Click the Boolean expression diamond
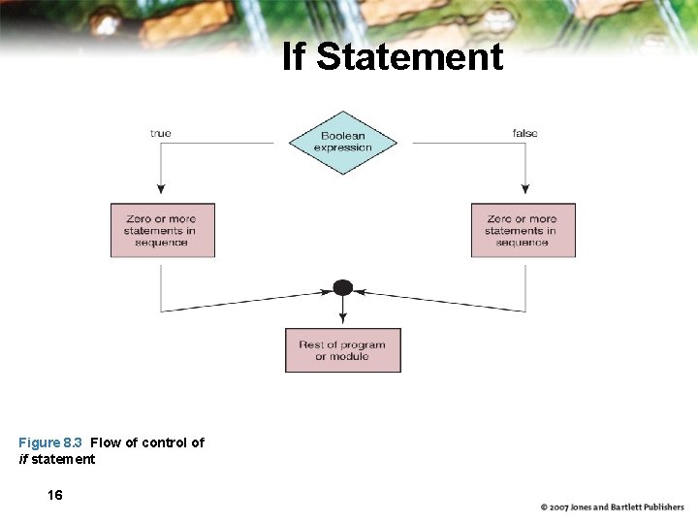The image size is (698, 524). [342, 143]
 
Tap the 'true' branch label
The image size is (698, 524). [161, 133]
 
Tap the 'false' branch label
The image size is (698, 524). [524, 133]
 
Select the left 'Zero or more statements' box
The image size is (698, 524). [162, 230]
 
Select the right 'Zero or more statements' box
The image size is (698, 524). [523, 230]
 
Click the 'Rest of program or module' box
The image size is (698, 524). [342, 350]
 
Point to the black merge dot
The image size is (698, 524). [342, 287]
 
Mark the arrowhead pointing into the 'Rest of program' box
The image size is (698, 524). [342, 321]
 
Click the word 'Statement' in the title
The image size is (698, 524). [409, 57]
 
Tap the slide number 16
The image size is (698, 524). [55, 495]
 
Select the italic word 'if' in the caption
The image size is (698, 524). [23, 459]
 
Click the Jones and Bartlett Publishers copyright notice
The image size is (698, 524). [612, 507]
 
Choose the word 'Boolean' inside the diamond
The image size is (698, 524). [342, 137]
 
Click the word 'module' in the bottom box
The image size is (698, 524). [350, 357]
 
